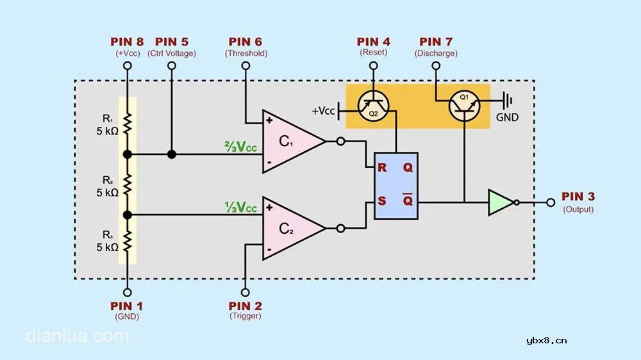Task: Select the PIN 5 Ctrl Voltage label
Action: click(x=172, y=42)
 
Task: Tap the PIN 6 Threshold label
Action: click(x=246, y=42)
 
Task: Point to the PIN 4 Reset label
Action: click(x=374, y=42)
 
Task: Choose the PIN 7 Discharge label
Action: click(x=436, y=42)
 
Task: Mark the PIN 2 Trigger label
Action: click(x=246, y=307)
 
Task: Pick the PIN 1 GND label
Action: click(x=127, y=307)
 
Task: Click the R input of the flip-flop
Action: click(x=381, y=168)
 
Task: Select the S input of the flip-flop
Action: click(x=381, y=201)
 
